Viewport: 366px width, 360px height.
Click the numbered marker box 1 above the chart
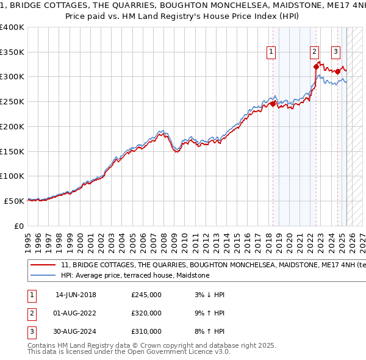(x=270, y=52)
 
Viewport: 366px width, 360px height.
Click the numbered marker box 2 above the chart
(x=314, y=52)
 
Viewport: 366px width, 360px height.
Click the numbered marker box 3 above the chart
(x=335, y=52)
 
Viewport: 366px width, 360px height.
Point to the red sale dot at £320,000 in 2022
(x=316, y=66)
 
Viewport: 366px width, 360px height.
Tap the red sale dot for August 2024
(x=338, y=71)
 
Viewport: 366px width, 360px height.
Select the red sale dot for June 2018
(x=273, y=104)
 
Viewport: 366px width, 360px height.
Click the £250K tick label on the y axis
(x=12, y=101)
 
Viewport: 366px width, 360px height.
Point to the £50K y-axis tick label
(x=13, y=201)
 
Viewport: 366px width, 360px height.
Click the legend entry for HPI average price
(x=135, y=276)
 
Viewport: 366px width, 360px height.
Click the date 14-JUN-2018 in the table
(x=76, y=295)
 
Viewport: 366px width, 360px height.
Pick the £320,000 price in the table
(x=146, y=313)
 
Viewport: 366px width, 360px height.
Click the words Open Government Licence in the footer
(x=185, y=352)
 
